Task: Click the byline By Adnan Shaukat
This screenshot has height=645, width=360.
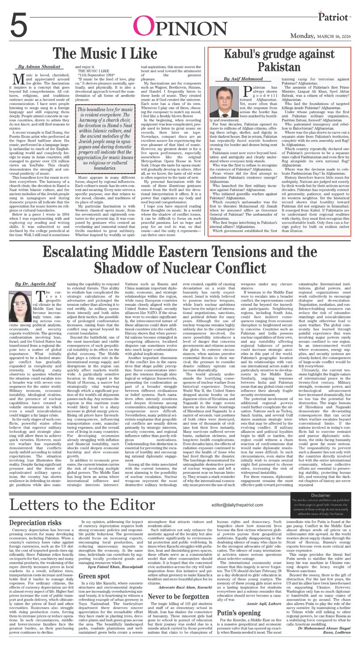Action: [x=33, y=67]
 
